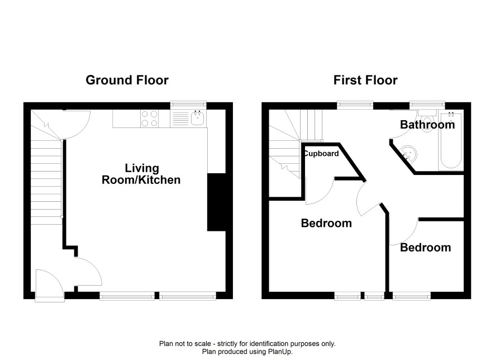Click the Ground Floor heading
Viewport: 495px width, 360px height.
pos(127,80)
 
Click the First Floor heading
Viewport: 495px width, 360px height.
pos(365,80)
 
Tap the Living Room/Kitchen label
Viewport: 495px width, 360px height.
pos(141,174)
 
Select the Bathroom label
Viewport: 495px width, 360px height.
pos(427,125)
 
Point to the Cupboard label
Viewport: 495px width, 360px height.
pos(321,154)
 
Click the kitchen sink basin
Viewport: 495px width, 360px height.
pos(197,119)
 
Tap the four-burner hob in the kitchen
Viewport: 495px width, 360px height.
pos(149,119)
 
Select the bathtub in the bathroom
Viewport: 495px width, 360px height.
pos(451,141)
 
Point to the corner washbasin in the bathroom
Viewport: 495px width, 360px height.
pos(408,154)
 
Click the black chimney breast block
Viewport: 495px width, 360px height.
pos(216,202)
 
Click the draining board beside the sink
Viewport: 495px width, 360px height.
pos(180,119)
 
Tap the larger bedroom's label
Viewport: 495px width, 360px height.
pos(326,223)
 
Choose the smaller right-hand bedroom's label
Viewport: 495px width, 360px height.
pos(426,248)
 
